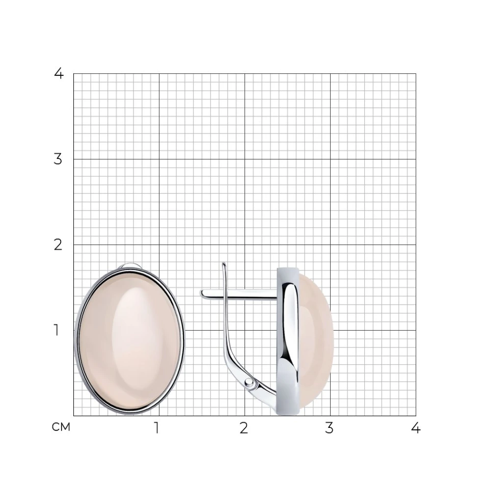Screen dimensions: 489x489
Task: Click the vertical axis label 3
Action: click(58, 159)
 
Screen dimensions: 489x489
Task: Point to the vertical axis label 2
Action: click(58, 245)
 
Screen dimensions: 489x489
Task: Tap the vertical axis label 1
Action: click(57, 330)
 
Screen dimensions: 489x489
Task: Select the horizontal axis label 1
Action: click(157, 428)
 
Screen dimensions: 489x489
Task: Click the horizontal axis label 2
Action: click(244, 428)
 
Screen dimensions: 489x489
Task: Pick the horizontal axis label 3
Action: click(330, 428)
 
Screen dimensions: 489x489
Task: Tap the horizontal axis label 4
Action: click(416, 428)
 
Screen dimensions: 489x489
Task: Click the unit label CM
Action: click(61, 427)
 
